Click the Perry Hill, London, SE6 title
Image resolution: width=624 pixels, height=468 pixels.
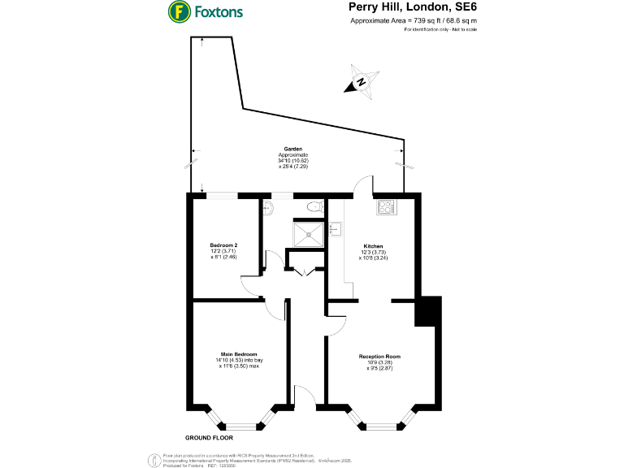412,7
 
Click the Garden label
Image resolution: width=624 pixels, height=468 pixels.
292,149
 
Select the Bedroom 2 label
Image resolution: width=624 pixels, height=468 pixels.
223,245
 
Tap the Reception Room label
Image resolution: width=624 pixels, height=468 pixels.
380,357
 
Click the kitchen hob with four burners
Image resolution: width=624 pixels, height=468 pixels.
385,206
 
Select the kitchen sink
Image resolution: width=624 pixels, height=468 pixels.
333,231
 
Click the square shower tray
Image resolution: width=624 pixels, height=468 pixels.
307,234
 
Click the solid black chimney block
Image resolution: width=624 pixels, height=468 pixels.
427,311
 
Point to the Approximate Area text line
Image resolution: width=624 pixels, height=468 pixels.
412,21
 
